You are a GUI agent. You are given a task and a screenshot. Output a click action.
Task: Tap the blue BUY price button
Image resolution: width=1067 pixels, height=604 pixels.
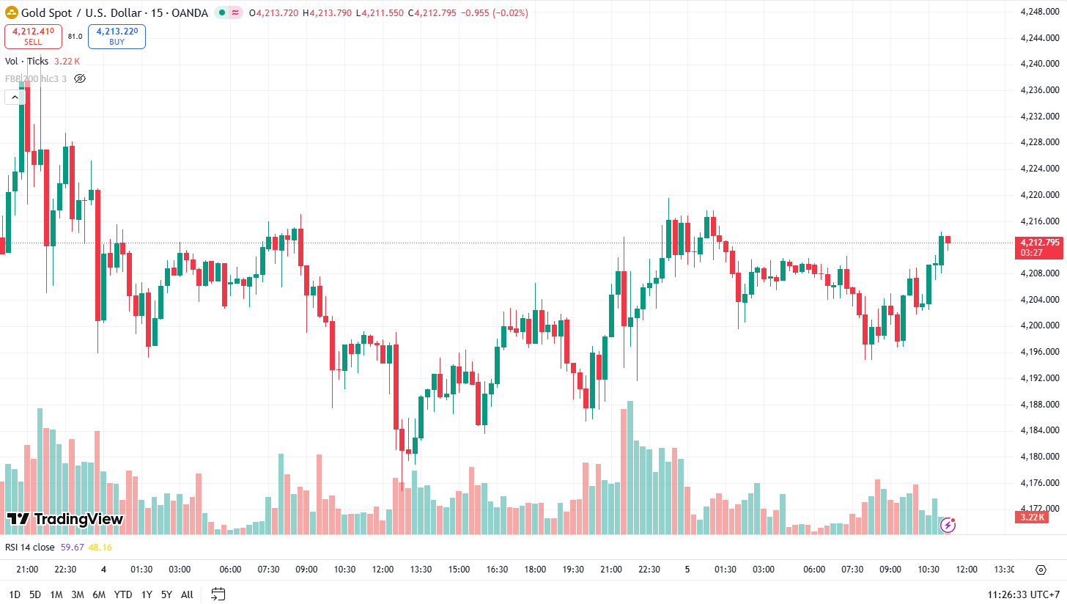pos(117,36)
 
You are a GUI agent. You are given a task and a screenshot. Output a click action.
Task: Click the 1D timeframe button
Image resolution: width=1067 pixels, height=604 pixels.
pos(15,594)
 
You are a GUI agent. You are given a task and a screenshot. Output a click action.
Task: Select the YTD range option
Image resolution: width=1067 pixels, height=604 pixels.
pos(123,594)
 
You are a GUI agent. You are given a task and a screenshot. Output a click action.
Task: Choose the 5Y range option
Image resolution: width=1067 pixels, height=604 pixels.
pos(166,594)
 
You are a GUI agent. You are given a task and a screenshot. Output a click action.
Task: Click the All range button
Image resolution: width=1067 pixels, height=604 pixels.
pos(187,594)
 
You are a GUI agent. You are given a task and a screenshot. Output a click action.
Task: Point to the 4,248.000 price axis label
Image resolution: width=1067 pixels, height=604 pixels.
pos(1041,11)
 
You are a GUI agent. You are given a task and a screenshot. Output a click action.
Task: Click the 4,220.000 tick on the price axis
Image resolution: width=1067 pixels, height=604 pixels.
pos(1041,195)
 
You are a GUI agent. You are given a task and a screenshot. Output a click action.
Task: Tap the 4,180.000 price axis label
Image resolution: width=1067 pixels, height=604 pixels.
pos(1041,457)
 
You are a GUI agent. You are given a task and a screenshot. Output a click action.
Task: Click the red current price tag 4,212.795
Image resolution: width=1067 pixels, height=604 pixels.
pos(1040,243)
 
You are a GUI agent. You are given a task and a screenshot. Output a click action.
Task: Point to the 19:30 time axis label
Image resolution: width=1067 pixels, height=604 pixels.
pos(573,570)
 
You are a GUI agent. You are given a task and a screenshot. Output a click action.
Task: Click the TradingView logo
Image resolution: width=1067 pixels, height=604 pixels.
pos(65,519)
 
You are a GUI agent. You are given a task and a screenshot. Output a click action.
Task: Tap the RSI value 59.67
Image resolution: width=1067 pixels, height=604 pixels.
pos(72,547)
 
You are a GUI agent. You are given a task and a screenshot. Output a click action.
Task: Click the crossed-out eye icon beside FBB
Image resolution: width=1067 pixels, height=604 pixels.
pos(81,78)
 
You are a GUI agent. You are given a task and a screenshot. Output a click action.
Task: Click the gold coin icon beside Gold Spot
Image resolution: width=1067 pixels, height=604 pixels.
pos(12,12)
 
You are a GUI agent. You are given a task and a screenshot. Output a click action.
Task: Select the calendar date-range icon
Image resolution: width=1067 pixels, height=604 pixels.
pos(218,594)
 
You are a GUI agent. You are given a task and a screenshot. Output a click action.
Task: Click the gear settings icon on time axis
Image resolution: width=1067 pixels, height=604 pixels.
pos(1041,570)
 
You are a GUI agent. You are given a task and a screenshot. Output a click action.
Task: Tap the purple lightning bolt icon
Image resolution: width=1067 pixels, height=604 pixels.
pos(948,524)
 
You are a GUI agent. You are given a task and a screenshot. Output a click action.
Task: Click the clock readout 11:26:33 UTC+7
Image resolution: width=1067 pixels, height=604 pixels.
pos(1023,594)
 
